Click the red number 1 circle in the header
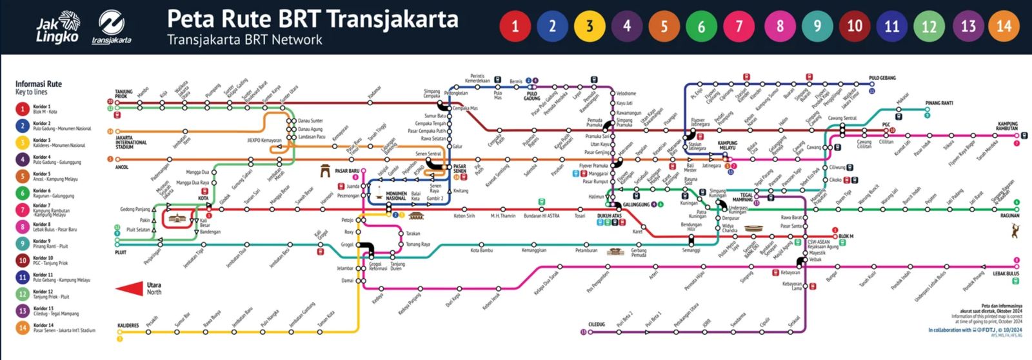(515, 26)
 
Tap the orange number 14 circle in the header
(1004, 26)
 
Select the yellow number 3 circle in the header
(589, 26)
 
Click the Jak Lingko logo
(57, 29)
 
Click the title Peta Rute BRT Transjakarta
(312, 19)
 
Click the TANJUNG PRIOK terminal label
(124, 94)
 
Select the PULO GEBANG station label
(882, 78)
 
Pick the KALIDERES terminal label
(128, 326)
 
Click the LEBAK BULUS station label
(1006, 274)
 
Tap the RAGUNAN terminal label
(1009, 216)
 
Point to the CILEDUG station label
(597, 325)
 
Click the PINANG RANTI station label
(939, 103)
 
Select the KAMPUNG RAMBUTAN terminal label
(1007, 126)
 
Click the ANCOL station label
(121, 167)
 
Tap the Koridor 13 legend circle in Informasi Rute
(23, 311)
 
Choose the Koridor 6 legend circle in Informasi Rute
(23, 193)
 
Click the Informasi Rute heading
(39, 84)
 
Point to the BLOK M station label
(846, 236)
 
